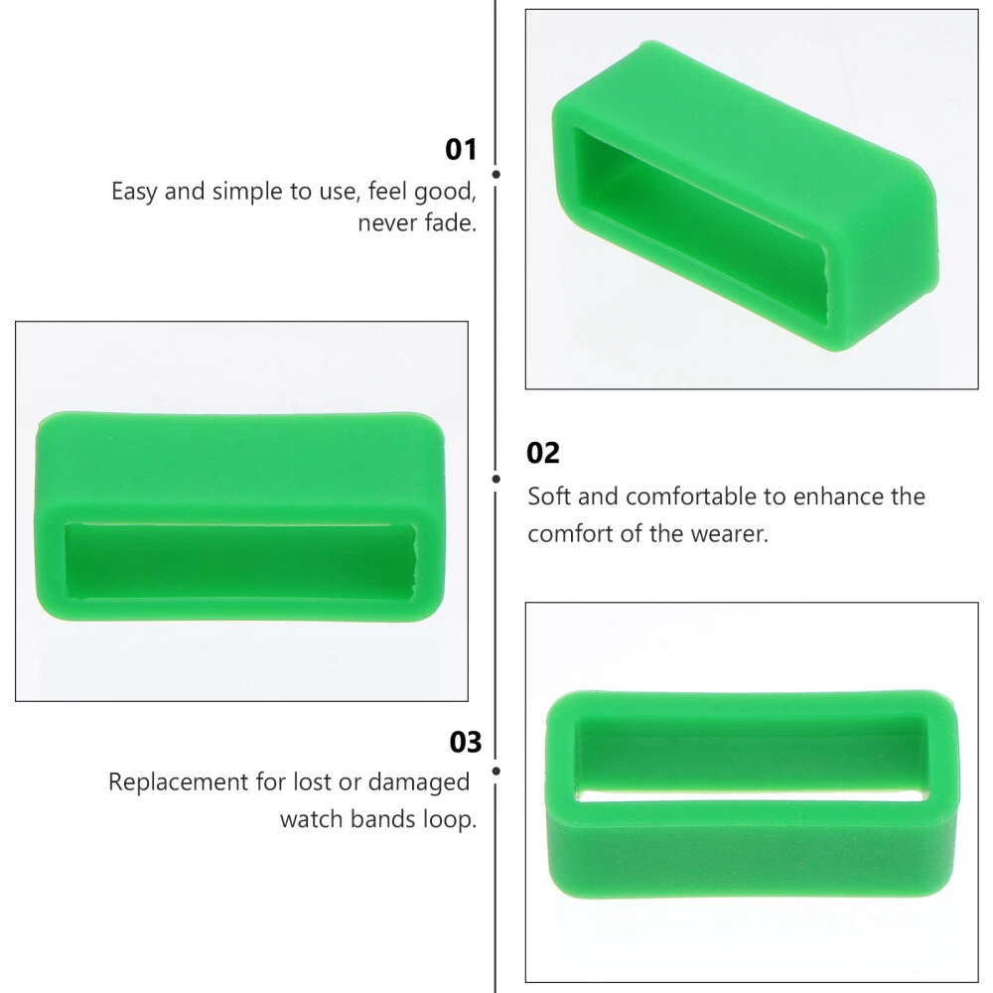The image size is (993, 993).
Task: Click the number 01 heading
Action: [x=461, y=150]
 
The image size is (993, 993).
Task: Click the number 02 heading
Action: [x=543, y=454]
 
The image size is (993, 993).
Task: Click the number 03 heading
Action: [x=466, y=742]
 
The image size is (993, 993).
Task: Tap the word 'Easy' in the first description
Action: [x=134, y=192]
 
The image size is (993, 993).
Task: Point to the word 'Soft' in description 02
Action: [x=550, y=496]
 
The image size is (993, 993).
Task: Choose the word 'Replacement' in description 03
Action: [x=179, y=782]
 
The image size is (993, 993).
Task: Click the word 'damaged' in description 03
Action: [x=419, y=782]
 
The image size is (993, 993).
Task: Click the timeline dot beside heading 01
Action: [x=496, y=174]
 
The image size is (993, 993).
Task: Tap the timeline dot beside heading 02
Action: [x=496, y=479]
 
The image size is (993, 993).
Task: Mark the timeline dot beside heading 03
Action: [x=496, y=771]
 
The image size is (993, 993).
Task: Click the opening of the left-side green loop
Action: [x=240, y=561]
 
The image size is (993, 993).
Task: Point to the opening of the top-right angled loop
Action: [x=700, y=225]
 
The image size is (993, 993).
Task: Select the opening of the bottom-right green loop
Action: [x=752, y=759]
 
